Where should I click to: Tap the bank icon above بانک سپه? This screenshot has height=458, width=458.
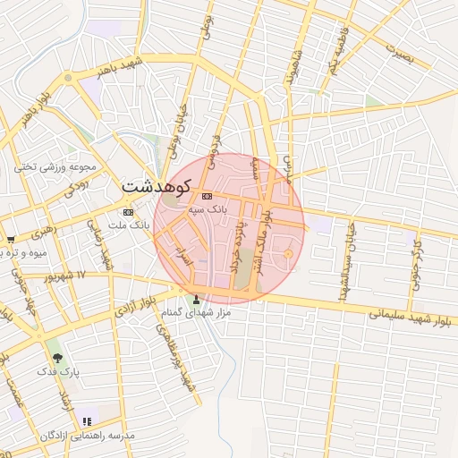[x=208, y=196]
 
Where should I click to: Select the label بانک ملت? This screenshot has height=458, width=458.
[x=127, y=224]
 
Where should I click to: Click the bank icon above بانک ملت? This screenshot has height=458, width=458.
[x=127, y=212]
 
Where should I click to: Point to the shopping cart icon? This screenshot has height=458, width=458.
[x=11, y=240]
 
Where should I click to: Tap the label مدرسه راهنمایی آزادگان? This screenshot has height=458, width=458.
[x=87, y=435]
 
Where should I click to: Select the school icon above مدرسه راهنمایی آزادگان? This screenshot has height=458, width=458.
[x=87, y=421]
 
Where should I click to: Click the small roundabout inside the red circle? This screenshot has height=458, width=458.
[x=288, y=256]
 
